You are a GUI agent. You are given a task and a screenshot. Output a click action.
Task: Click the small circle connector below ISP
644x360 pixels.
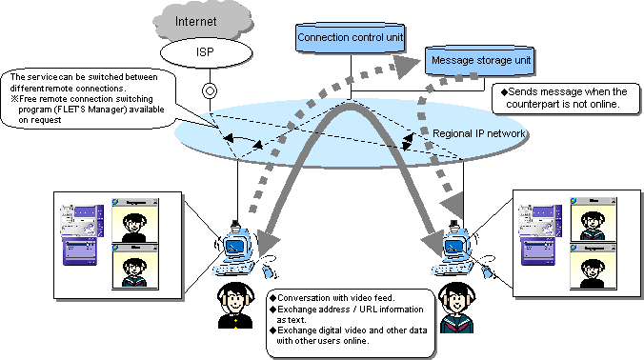(205, 92)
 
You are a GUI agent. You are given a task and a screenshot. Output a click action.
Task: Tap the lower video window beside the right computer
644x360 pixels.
(590, 266)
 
